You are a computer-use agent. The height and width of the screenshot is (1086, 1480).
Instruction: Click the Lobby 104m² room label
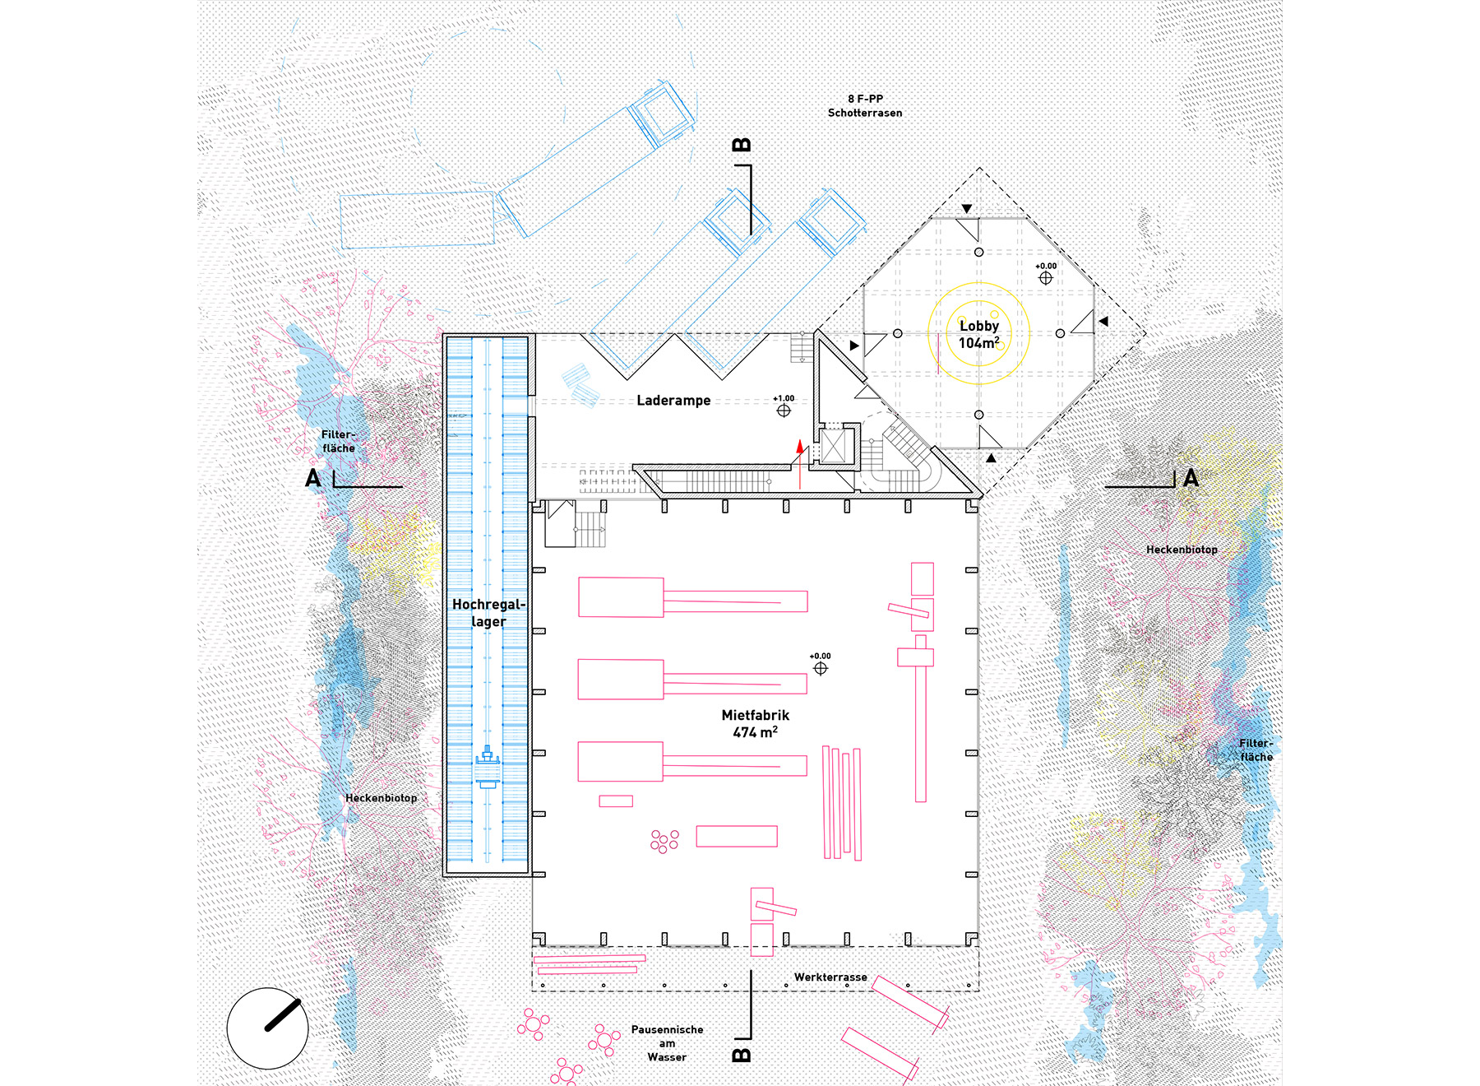978,334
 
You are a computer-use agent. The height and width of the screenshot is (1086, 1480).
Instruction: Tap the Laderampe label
673,401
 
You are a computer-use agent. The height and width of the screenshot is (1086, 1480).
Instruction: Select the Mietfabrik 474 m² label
755,723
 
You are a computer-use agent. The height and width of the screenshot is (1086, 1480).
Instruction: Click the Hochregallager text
488,613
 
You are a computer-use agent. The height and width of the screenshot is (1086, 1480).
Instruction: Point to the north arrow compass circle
267,1028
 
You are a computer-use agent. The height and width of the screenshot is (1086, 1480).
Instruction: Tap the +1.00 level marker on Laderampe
784,406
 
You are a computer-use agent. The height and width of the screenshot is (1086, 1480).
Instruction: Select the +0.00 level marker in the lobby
1045,274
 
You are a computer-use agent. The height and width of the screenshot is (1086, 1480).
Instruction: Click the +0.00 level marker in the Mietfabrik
820,664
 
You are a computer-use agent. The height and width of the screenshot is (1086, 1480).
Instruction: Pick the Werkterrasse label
830,977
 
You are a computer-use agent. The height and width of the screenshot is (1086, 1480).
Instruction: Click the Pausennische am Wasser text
667,1043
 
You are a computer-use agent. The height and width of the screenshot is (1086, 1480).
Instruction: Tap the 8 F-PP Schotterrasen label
865,106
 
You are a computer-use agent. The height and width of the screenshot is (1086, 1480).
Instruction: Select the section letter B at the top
741,146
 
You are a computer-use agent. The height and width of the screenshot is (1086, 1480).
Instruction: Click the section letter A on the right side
1191,478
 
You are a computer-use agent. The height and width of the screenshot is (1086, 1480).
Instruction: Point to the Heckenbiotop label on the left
381,798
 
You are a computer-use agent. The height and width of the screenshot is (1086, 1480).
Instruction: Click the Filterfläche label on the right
1256,750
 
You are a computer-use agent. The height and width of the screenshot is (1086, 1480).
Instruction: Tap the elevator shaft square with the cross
834,447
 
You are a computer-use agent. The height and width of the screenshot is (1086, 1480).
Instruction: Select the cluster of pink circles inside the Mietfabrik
664,841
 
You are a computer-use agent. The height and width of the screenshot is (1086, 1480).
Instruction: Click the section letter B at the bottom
741,1055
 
